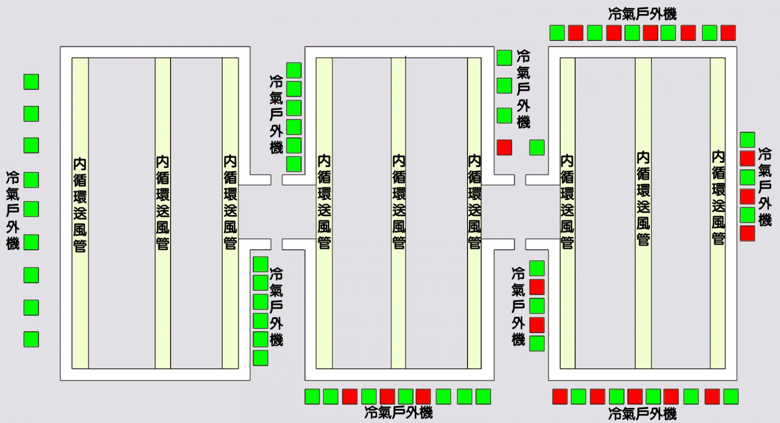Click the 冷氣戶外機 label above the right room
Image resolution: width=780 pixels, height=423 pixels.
[642, 14]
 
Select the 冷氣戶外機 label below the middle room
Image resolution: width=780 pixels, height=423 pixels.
[398, 413]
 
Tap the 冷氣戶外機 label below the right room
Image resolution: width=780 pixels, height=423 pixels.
[642, 414]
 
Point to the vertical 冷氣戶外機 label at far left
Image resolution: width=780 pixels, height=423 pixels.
[13, 210]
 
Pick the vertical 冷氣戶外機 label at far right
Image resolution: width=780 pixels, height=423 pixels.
[765, 187]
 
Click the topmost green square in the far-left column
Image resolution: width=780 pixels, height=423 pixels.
[31, 81]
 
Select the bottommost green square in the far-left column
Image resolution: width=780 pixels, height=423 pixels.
[31, 339]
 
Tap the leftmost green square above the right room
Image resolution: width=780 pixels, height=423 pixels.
[557, 33]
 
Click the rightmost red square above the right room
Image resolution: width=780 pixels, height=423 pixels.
[728, 33]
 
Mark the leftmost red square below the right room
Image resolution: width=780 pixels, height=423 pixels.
[560, 396]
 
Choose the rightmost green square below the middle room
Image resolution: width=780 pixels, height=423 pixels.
[483, 396]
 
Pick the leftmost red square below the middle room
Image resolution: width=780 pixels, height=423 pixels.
[350, 396]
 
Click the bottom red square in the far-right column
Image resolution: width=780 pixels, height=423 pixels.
[747, 233]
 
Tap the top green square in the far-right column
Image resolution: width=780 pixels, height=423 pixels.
[747, 140]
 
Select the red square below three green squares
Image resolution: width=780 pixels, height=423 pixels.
[504, 147]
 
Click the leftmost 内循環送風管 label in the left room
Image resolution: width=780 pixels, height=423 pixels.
[80, 204]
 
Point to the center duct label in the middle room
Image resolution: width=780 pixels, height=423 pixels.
[399, 202]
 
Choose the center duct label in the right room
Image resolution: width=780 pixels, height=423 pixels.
[643, 199]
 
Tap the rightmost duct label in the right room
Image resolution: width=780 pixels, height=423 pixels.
[718, 197]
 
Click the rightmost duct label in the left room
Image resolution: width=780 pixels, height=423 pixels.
[230, 202]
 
